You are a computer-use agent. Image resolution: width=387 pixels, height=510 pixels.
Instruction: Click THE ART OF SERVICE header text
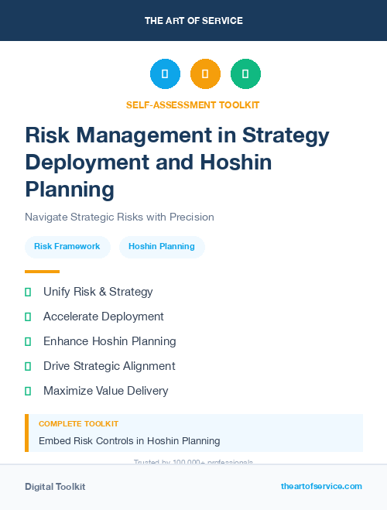(x=193, y=21)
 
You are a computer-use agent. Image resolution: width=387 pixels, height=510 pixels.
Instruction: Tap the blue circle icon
(x=165, y=74)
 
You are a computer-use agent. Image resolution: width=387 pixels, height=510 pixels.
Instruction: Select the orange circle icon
(x=205, y=74)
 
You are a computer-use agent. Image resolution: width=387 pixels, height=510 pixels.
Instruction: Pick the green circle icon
(x=245, y=74)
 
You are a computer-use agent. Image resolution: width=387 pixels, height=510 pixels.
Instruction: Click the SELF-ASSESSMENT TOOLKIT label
(x=193, y=104)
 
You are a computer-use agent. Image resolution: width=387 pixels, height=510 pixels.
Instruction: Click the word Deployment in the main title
(x=86, y=163)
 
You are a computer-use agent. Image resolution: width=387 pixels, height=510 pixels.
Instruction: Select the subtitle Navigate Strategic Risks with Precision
(x=119, y=217)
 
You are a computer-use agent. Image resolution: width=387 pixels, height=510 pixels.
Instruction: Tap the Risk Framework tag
(x=67, y=246)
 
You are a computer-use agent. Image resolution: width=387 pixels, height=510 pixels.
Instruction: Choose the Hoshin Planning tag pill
(x=161, y=246)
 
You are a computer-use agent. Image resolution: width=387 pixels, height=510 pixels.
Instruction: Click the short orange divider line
(x=42, y=272)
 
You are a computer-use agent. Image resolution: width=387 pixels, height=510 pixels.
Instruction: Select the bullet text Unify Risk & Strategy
(x=98, y=292)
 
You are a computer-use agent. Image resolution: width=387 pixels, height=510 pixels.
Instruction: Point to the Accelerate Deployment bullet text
(x=103, y=317)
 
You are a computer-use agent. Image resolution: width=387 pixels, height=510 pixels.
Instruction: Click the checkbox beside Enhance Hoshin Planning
(x=28, y=341)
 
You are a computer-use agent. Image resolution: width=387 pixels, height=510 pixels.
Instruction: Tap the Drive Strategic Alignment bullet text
(x=109, y=366)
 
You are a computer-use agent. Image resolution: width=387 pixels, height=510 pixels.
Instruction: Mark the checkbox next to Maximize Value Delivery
(x=28, y=391)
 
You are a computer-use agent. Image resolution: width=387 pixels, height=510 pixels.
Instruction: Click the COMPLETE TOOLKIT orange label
(x=78, y=424)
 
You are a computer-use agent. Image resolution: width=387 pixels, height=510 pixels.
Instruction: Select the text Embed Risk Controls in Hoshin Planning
(x=129, y=441)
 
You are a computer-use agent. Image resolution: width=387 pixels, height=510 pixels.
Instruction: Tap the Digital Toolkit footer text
(x=55, y=487)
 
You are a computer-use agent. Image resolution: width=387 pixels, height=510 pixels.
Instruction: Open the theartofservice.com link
(x=321, y=486)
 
